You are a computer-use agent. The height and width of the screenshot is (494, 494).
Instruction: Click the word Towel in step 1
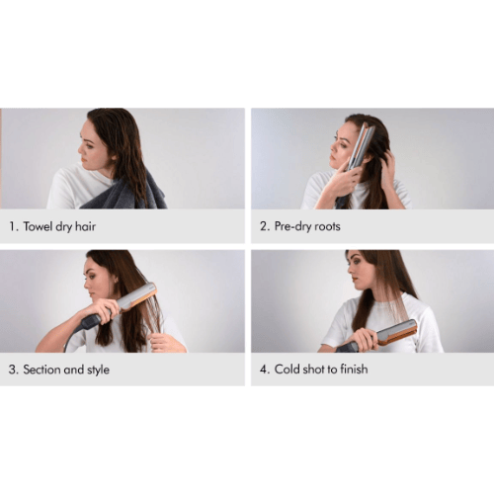point(37,226)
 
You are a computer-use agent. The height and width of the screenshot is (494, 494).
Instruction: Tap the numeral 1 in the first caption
point(13,226)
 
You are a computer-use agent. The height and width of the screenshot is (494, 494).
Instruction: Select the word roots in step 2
point(327,226)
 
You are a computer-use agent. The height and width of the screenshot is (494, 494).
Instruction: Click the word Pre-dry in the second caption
point(292,226)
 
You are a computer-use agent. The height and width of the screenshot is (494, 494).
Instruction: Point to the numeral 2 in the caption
point(264,226)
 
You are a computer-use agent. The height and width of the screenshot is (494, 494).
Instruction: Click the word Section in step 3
point(41,370)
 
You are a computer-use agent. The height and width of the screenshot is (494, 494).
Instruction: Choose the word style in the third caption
point(98,370)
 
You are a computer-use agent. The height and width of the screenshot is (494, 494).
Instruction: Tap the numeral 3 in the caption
point(13,370)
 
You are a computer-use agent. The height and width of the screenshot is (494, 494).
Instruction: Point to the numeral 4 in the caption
point(264,370)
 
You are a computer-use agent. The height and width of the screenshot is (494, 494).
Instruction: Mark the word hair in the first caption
point(85,226)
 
